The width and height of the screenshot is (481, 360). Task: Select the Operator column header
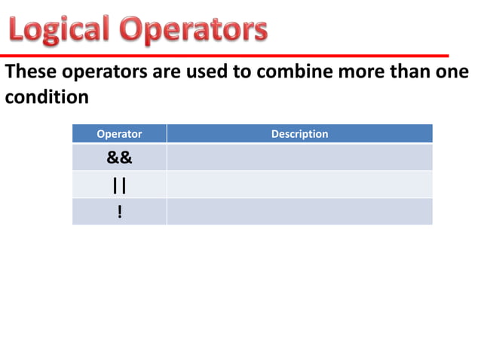(119, 134)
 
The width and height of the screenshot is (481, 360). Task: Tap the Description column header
(299, 134)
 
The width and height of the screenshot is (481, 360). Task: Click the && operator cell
(119, 157)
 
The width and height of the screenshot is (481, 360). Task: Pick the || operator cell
(119, 185)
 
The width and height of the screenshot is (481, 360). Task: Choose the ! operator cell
(119, 212)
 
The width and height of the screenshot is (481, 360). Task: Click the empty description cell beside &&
(299, 157)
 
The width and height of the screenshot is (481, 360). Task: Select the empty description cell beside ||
(299, 185)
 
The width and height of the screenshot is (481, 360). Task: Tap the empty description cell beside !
(299, 212)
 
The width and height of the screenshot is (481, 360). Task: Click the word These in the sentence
(29, 73)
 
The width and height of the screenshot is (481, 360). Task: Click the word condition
(47, 98)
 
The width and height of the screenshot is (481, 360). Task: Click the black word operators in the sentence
(98, 73)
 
